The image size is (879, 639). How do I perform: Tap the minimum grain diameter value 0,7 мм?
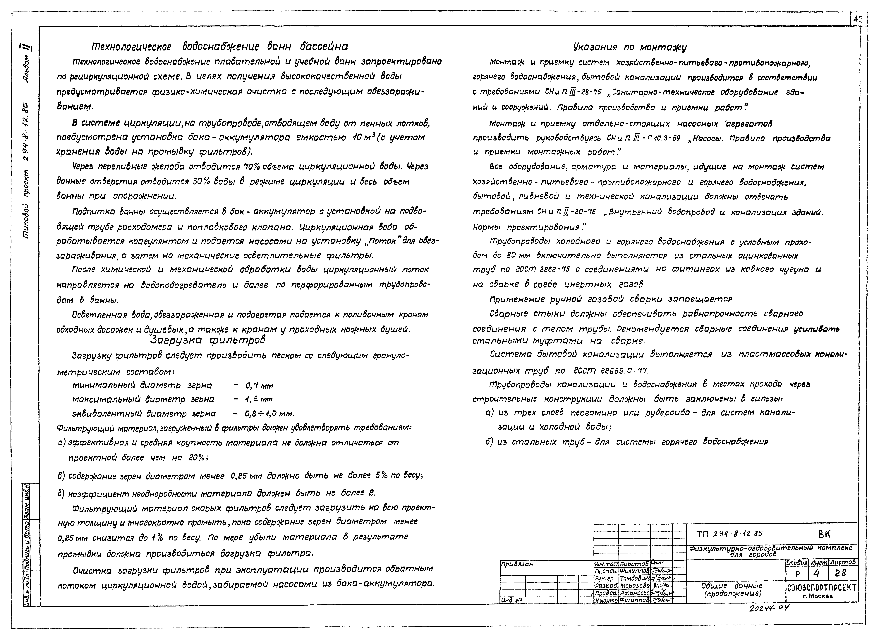click(259, 386)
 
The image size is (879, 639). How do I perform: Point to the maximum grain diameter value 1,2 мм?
click(259, 399)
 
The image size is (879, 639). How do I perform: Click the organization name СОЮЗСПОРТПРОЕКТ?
click(822, 588)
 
